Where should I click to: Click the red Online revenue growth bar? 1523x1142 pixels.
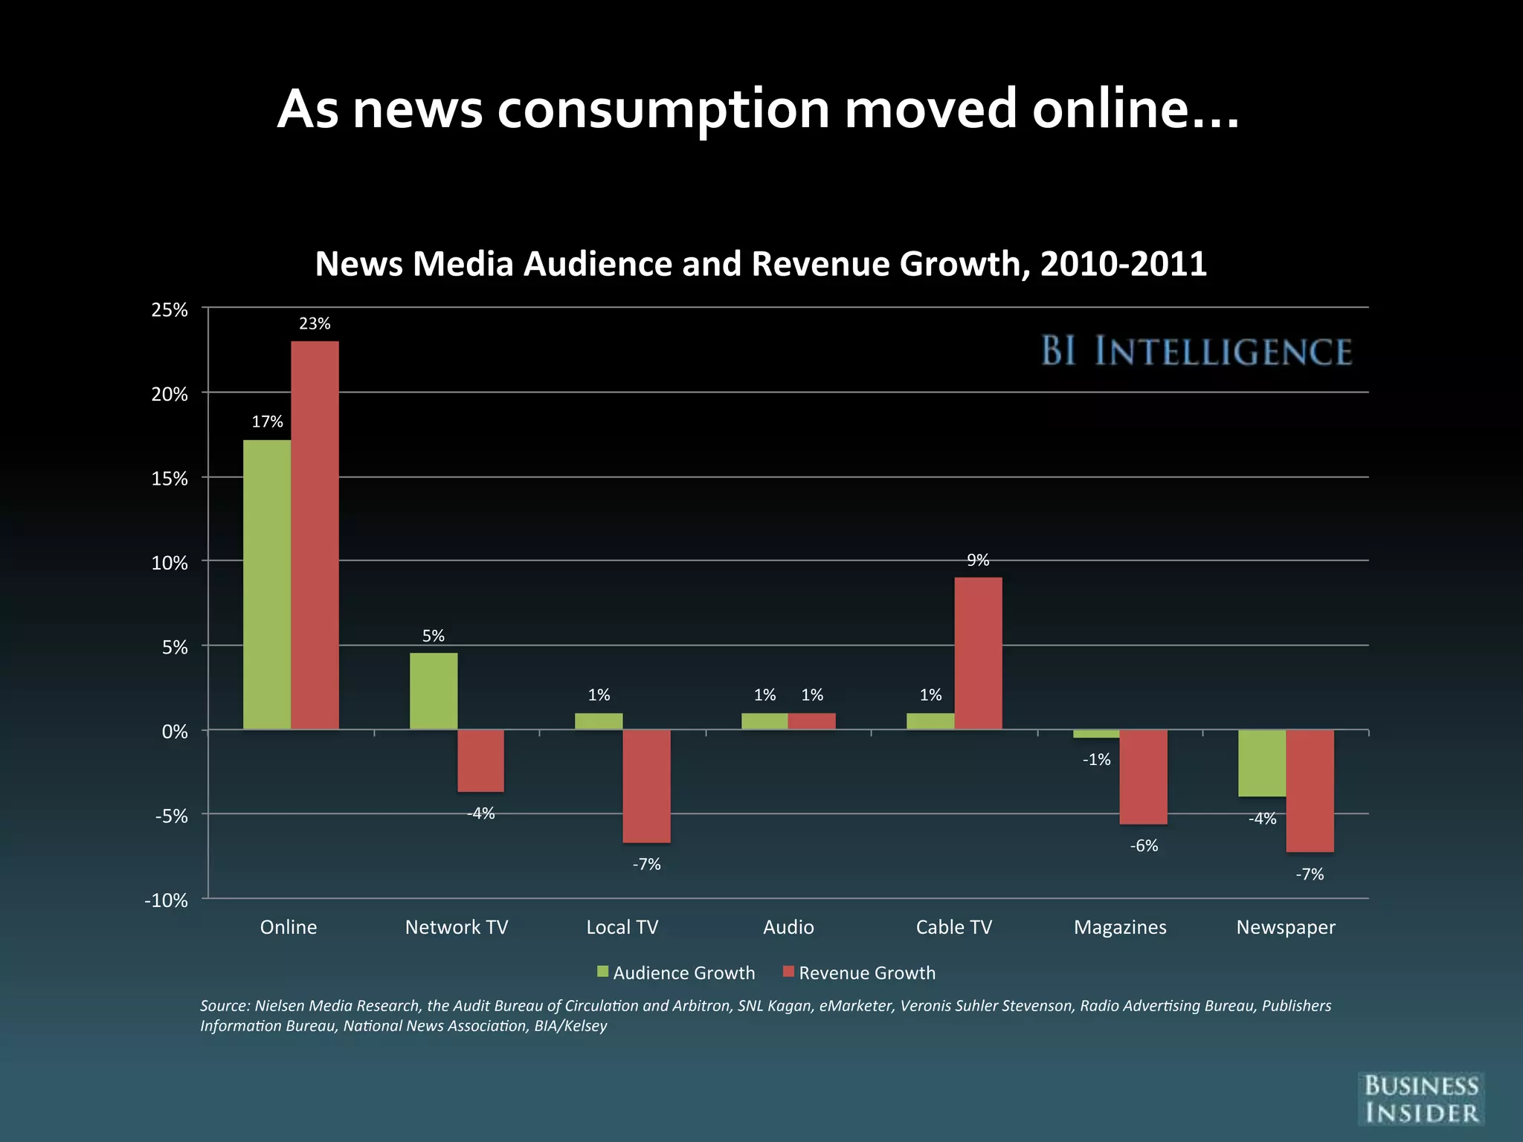click(x=315, y=535)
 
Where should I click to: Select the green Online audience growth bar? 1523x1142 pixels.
click(x=267, y=584)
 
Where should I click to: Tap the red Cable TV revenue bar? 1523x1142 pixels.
click(x=978, y=653)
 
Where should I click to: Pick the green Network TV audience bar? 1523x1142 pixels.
click(x=434, y=691)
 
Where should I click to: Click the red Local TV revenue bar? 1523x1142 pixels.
click(x=646, y=786)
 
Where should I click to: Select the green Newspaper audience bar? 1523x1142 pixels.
click(x=1262, y=763)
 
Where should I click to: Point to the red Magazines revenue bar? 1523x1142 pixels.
click(x=1143, y=777)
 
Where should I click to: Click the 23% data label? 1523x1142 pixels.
click(x=315, y=323)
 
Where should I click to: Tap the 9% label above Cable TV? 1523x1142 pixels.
click(x=978, y=561)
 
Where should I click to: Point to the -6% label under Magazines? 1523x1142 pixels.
click(x=1144, y=846)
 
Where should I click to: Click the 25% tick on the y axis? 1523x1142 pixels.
click(x=170, y=310)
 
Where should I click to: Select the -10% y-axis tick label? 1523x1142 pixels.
click(x=166, y=900)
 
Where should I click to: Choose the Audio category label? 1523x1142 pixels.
click(x=788, y=927)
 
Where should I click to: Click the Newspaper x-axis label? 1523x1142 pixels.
click(x=1285, y=927)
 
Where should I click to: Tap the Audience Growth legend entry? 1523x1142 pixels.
click(x=676, y=972)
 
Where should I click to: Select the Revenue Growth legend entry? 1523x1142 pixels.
click(x=860, y=972)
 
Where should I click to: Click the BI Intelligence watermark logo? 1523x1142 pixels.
click(x=1196, y=351)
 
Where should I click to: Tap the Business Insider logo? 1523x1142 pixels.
click(x=1420, y=1099)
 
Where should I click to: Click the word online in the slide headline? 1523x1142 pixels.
click(x=1135, y=109)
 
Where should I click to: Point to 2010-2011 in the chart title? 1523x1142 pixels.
click(x=1123, y=264)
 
